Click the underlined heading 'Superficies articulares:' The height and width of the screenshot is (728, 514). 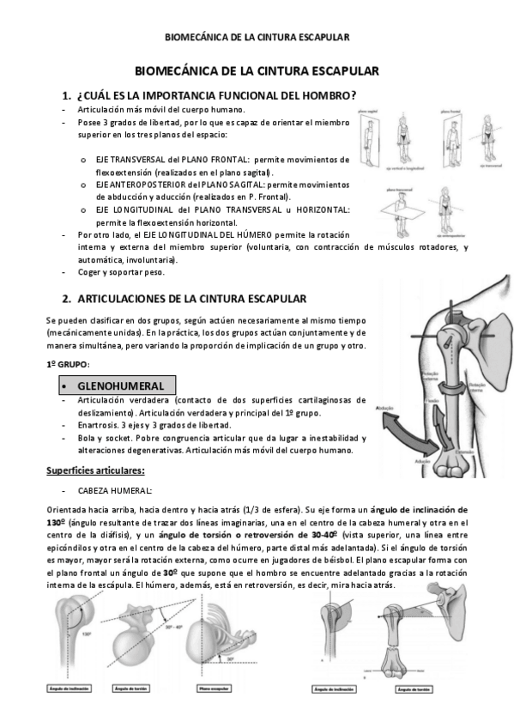[94, 470]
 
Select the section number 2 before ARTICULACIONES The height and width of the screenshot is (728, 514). [66, 299]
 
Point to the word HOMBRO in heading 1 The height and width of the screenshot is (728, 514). [323, 95]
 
